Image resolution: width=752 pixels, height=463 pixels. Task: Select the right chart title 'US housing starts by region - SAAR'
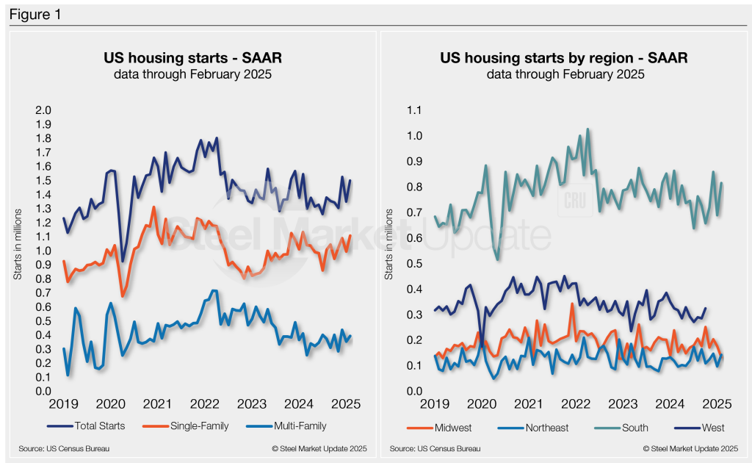[x=564, y=59]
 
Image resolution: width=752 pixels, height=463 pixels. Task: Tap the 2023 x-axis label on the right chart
[x=623, y=403]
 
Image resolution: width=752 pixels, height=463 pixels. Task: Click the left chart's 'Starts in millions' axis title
[x=18, y=250]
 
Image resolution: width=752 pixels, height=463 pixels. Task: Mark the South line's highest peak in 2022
[x=587, y=129]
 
